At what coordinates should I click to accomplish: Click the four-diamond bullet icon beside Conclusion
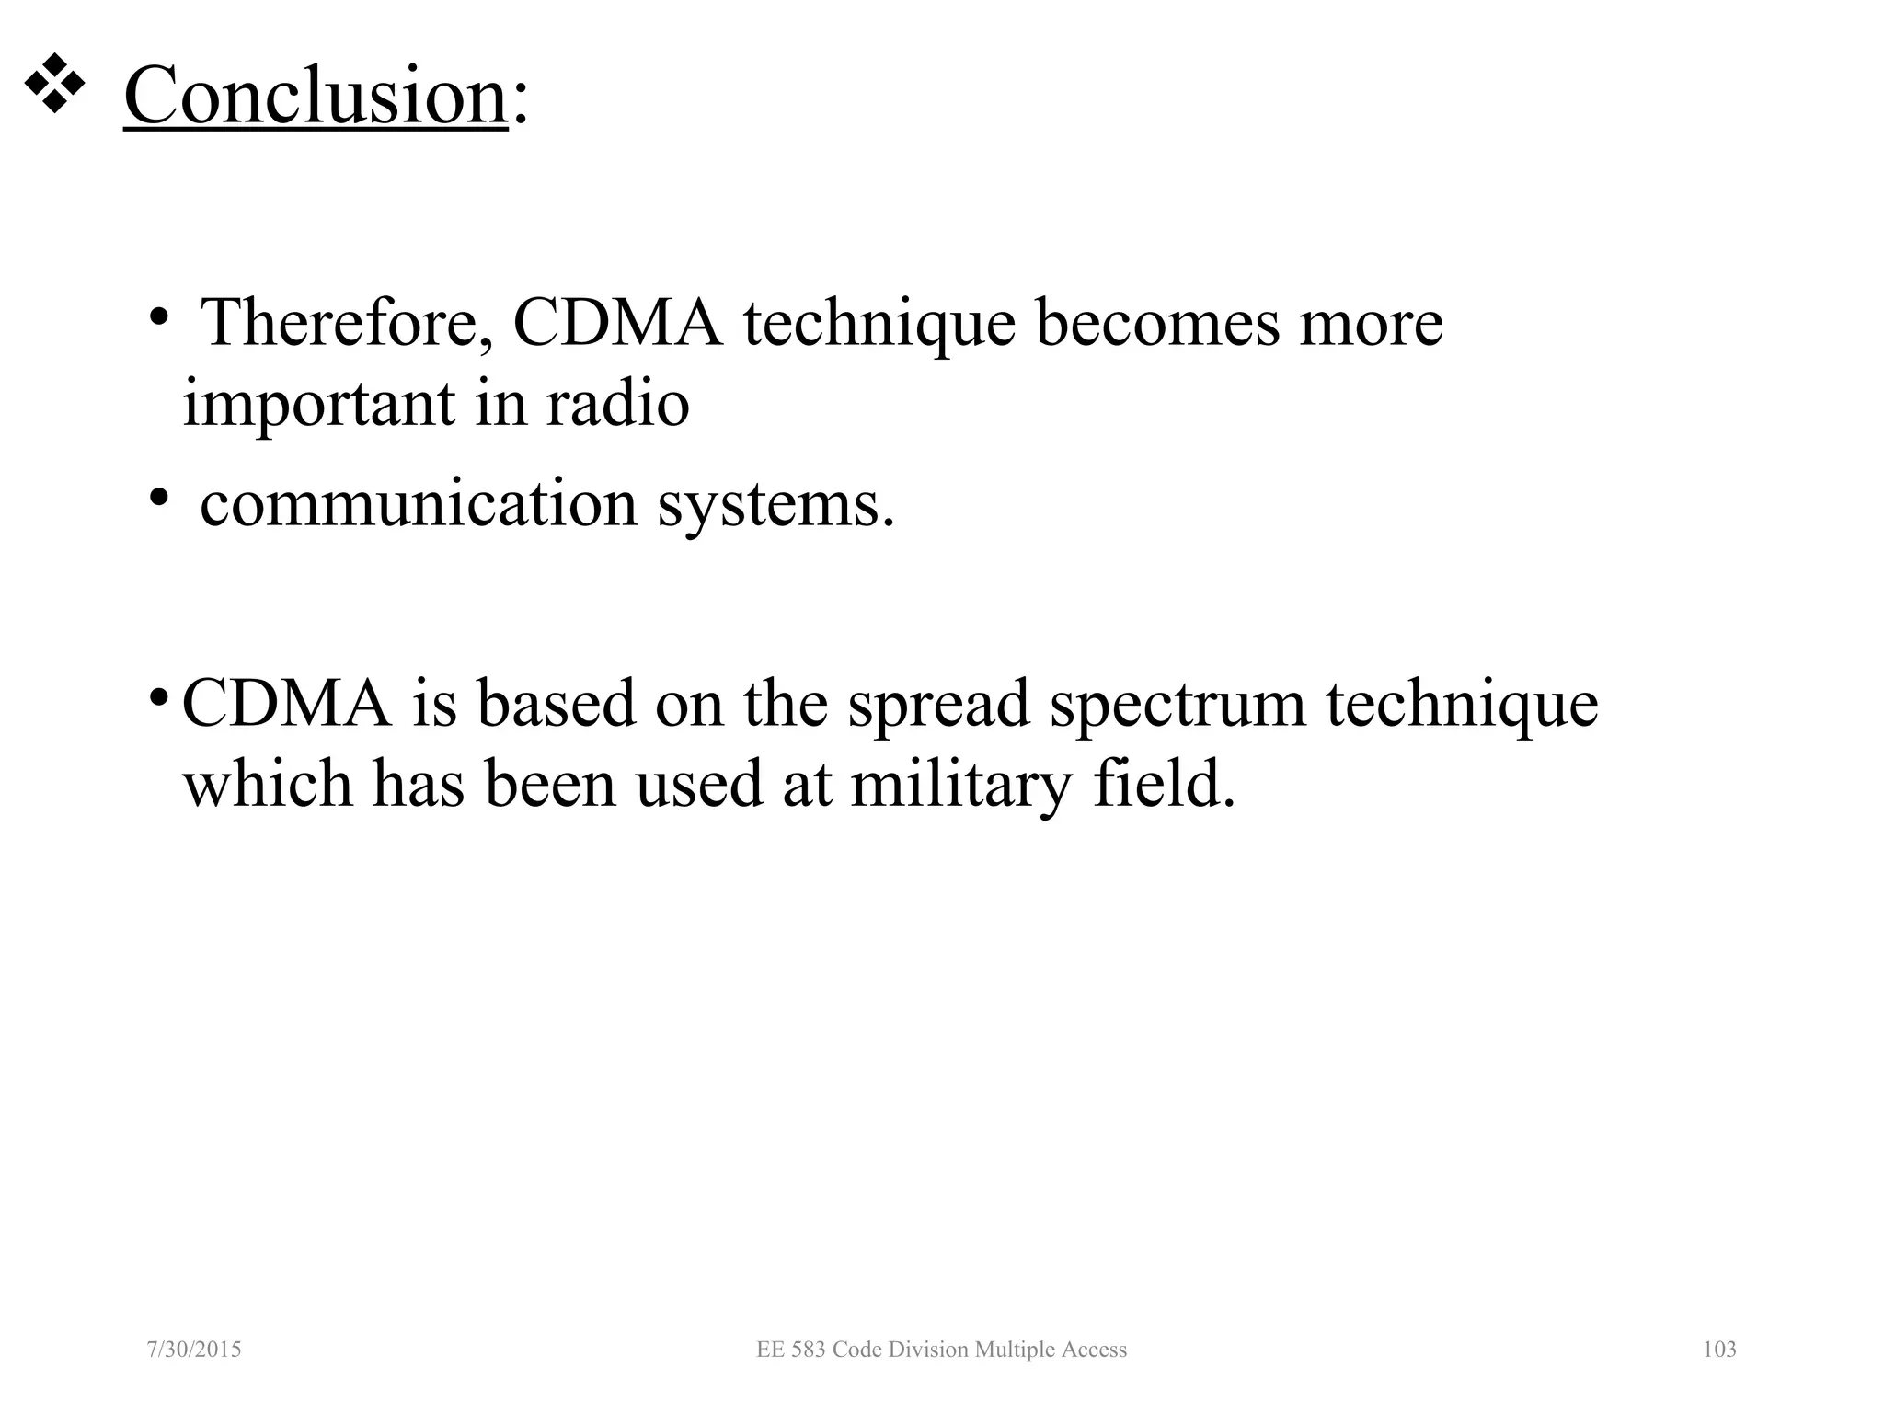point(54,85)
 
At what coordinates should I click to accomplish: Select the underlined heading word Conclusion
point(316,96)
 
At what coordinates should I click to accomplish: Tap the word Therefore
point(347,323)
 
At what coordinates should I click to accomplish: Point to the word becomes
point(1157,323)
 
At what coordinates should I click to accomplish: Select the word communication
point(419,504)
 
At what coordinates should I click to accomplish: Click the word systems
point(775,506)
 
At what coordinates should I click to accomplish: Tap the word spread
point(938,704)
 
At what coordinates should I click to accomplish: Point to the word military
point(961,786)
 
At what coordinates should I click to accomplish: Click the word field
point(1164,784)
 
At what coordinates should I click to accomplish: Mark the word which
point(268,784)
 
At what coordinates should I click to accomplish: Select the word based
point(557,704)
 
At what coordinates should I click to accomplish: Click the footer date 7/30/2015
point(194,1350)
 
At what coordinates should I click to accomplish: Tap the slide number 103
point(1719,1350)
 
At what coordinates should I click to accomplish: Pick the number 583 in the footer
point(808,1350)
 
